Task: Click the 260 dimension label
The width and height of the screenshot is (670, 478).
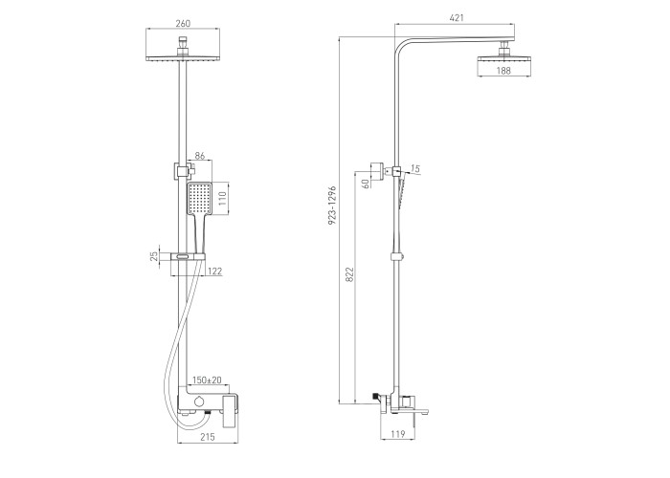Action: click(x=183, y=24)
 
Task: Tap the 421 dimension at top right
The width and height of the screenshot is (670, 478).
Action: click(x=457, y=18)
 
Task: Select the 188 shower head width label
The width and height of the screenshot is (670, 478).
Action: click(x=503, y=71)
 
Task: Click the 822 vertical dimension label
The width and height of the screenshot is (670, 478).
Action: click(x=350, y=275)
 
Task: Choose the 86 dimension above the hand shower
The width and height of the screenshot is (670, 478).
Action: click(x=199, y=155)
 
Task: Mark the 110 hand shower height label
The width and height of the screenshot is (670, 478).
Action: click(x=222, y=199)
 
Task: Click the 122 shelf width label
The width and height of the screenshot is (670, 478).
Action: click(x=215, y=271)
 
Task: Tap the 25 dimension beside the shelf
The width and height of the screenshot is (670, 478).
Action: click(x=154, y=256)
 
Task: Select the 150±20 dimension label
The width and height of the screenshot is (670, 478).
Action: click(x=207, y=380)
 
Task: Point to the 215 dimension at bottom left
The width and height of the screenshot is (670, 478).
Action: click(x=208, y=437)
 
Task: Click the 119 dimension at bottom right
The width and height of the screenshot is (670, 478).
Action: click(x=397, y=434)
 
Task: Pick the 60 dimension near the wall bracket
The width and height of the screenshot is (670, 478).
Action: click(x=366, y=184)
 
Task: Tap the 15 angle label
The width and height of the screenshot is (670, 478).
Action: click(x=415, y=169)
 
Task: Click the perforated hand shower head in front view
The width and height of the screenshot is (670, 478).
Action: click(x=199, y=199)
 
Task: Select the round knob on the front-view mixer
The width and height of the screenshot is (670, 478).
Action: click(x=198, y=402)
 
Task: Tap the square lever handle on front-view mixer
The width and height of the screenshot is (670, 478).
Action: click(x=231, y=410)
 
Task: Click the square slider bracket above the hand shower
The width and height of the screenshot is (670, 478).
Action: click(x=182, y=170)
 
